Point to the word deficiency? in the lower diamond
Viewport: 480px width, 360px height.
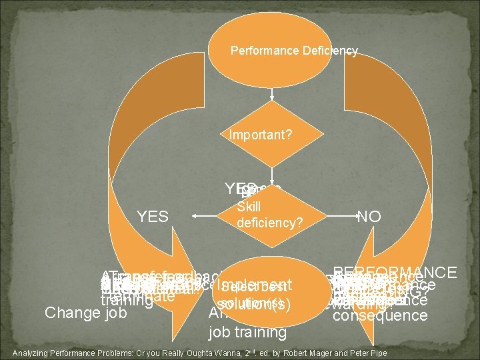pos(270,223)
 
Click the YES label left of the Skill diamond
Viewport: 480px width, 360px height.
pos(153,216)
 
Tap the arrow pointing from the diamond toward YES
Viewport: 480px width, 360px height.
pos(203,215)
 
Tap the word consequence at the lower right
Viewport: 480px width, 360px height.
pos(379,315)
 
